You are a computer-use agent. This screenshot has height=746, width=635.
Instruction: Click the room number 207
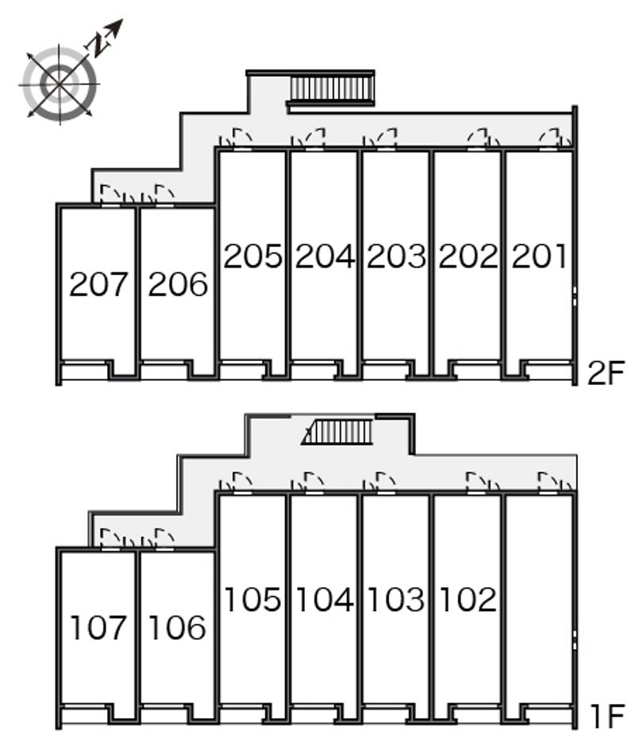pyautogui.click(x=98, y=284)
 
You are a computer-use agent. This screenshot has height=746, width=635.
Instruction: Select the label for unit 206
pyautogui.click(x=178, y=284)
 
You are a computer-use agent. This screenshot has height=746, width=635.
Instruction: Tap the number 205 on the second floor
pyautogui.click(x=252, y=256)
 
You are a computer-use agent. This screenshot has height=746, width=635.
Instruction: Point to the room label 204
pyautogui.click(x=325, y=256)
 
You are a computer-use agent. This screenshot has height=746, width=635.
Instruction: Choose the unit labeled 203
pyautogui.click(x=397, y=256)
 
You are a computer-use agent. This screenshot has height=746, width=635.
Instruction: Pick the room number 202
pyautogui.click(x=468, y=256)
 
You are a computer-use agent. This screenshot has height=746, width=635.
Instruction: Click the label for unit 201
pyautogui.click(x=539, y=256)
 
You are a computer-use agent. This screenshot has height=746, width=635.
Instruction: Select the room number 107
pyautogui.click(x=98, y=627)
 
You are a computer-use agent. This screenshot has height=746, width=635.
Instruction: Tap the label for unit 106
pyautogui.click(x=178, y=627)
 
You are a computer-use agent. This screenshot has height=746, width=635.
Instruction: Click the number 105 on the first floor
pyautogui.click(x=252, y=599)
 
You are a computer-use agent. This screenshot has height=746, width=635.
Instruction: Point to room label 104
pyautogui.click(x=325, y=599)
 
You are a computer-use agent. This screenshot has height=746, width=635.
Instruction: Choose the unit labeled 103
pyautogui.click(x=397, y=599)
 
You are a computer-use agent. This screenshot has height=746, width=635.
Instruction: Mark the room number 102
pyautogui.click(x=468, y=599)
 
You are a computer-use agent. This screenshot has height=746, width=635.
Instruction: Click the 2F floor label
pyautogui.click(x=605, y=374)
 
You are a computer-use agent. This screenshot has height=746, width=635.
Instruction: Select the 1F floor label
pyautogui.click(x=607, y=717)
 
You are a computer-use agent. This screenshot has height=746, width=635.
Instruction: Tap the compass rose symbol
pyautogui.click(x=60, y=85)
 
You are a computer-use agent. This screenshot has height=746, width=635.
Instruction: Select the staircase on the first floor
pyautogui.click(x=337, y=432)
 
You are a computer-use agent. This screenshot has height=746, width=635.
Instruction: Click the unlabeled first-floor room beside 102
pyautogui.click(x=538, y=599)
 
